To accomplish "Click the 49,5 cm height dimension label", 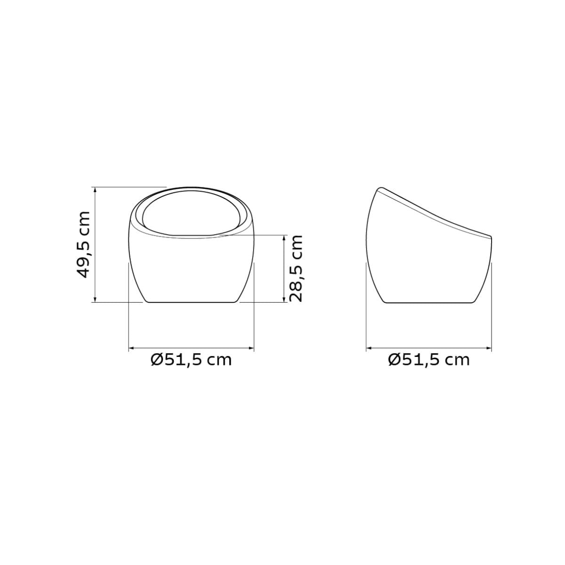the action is pos(82,244).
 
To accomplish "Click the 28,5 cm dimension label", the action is pos(296,268).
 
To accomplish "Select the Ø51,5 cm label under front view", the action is pos(191,359).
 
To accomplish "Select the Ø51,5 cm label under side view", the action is pos(428,359).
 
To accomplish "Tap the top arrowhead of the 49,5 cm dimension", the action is pos(95,189).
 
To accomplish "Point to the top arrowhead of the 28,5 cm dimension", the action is pos(283,237).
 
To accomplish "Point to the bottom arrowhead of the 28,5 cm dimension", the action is pos(283,299).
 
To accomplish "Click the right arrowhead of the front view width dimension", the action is pos(251,348).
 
